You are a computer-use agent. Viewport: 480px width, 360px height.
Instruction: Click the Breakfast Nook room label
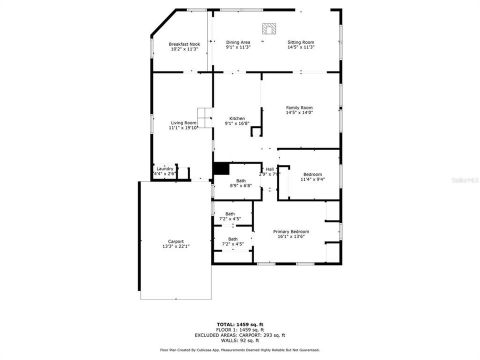pyautogui.click(x=184, y=44)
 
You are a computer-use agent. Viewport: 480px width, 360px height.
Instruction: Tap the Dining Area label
pyautogui.click(x=238, y=42)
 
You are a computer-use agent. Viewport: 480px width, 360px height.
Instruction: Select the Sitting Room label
pyautogui.click(x=301, y=42)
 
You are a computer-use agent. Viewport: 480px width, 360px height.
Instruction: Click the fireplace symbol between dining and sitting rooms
pyautogui.click(x=269, y=28)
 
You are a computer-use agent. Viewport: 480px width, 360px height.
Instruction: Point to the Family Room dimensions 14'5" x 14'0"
pyautogui.click(x=299, y=113)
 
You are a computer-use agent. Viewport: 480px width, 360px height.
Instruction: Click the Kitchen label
pyautogui.click(x=237, y=118)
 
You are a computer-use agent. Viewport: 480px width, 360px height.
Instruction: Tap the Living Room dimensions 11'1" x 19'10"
pyautogui.click(x=184, y=128)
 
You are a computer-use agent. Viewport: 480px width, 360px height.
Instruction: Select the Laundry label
pyautogui.click(x=165, y=169)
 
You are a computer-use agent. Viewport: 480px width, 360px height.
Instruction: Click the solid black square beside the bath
pyautogui.click(x=220, y=168)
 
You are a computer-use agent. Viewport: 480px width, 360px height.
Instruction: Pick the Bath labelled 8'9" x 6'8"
pyautogui.click(x=241, y=185)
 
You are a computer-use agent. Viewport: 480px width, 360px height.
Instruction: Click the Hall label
pyautogui.click(x=269, y=169)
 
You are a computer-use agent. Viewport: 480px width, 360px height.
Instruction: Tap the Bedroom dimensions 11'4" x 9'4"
pyautogui.click(x=312, y=179)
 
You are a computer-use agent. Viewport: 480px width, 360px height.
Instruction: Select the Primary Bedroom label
pyautogui.click(x=291, y=231)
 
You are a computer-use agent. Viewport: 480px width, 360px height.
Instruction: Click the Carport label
pyautogui.click(x=176, y=241)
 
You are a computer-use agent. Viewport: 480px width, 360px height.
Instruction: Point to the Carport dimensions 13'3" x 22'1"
pyautogui.click(x=176, y=246)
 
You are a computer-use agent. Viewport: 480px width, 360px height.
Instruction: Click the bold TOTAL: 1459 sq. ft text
pyautogui.click(x=239, y=324)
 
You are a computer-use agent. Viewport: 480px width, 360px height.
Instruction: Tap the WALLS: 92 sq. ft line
pyautogui.click(x=239, y=340)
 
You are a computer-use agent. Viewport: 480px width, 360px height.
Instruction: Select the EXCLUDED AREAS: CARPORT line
pyautogui.click(x=239, y=335)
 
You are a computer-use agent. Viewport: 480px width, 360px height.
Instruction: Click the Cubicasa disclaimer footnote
pyautogui.click(x=239, y=350)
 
